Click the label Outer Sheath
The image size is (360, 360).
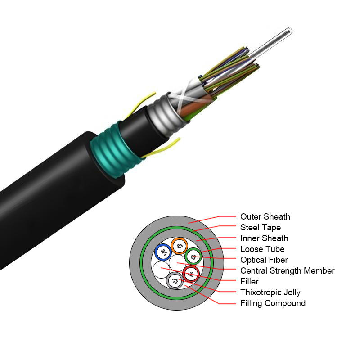click(x=265, y=217)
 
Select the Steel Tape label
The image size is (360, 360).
click(x=260, y=228)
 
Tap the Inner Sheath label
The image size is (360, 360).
click(x=264, y=238)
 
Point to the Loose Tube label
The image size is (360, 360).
click(x=262, y=249)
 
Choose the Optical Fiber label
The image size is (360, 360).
click(x=264, y=260)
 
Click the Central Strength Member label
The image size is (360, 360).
click(x=287, y=271)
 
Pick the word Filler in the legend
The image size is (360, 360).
click(x=249, y=282)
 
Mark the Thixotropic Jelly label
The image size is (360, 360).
click(x=270, y=292)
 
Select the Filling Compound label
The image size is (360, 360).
click(x=273, y=303)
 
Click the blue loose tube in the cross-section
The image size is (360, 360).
click(x=162, y=252)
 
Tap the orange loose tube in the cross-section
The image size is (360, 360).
click(x=179, y=245)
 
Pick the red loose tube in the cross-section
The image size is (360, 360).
click(x=191, y=274)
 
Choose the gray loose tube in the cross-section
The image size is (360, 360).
click(x=175, y=281)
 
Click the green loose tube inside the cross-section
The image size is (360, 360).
click(x=193, y=256)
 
